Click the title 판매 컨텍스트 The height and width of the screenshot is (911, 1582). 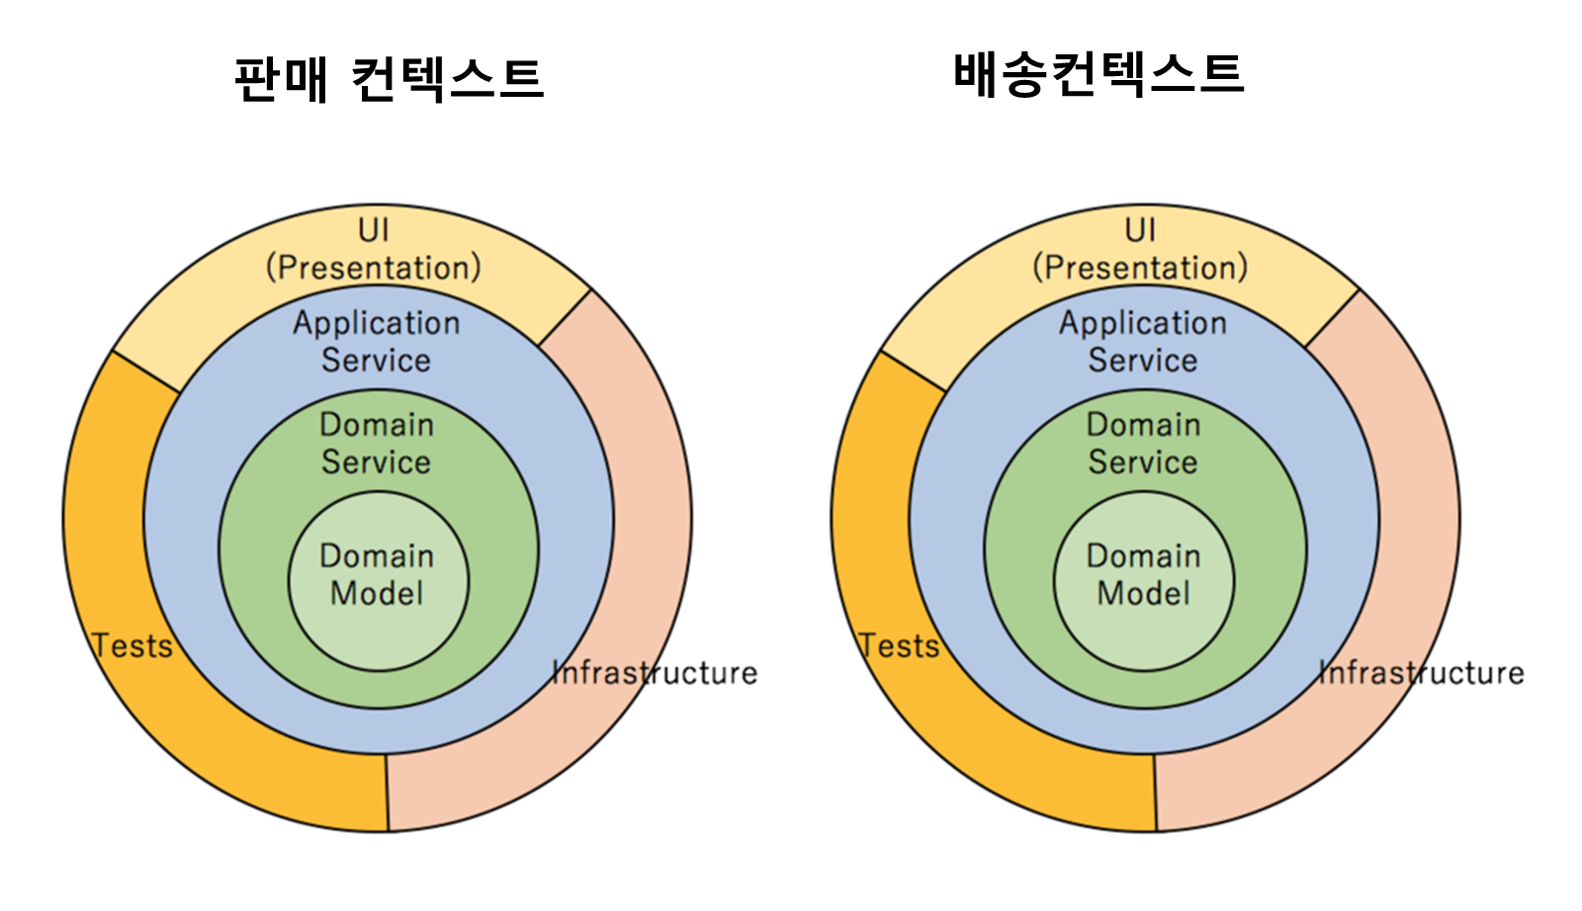pyautogui.click(x=389, y=79)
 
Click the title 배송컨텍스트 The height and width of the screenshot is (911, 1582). pyautogui.click(x=1098, y=74)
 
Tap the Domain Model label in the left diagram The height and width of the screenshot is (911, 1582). pyautogui.click(x=377, y=574)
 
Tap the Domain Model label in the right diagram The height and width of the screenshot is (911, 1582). pyautogui.click(x=1144, y=574)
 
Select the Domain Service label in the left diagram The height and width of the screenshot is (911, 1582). pyautogui.click(x=377, y=443)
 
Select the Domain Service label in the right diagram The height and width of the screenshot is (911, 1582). pyautogui.click(x=1144, y=443)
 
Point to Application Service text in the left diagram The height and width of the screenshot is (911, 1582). pyautogui.click(x=377, y=341)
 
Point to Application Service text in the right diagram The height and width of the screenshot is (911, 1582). pyautogui.click(x=1144, y=341)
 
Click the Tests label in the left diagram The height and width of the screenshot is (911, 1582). pyautogui.click(x=132, y=646)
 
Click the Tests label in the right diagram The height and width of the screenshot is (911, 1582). pyautogui.click(x=899, y=646)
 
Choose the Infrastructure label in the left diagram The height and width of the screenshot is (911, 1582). pyautogui.click(x=655, y=673)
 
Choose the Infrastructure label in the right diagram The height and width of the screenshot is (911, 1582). pyautogui.click(x=1422, y=673)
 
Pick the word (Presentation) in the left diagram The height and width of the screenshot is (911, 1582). pyautogui.click(x=374, y=268)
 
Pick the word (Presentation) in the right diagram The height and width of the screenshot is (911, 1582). pyautogui.click(x=1141, y=268)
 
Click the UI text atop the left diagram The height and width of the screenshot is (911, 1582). pyautogui.click(x=374, y=230)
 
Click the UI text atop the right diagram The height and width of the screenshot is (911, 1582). pyautogui.click(x=1141, y=230)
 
